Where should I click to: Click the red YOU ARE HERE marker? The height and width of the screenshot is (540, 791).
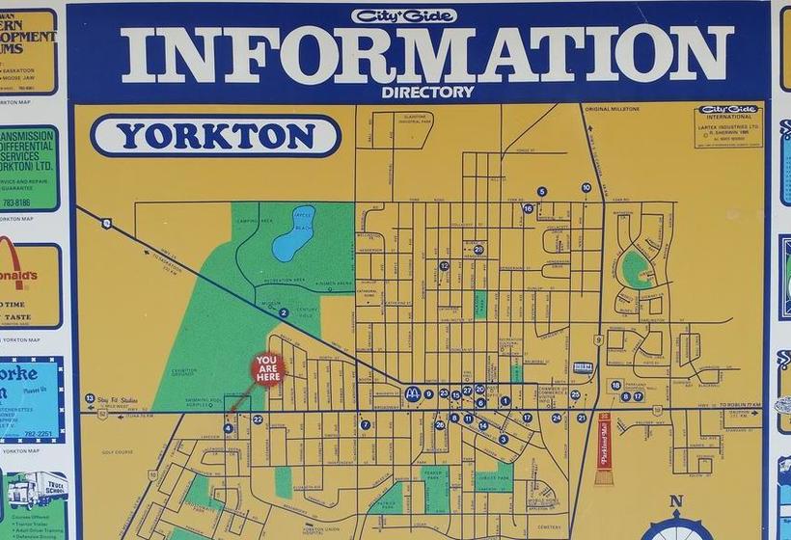tap(267, 369)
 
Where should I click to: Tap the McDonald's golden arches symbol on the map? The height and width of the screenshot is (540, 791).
tap(413, 393)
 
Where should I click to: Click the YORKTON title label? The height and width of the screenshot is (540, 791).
tap(215, 136)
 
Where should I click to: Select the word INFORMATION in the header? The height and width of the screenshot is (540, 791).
tap(427, 54)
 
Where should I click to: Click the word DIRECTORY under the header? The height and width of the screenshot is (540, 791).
tap(427, 93)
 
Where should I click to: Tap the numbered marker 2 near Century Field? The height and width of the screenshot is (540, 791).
tap(284, 312)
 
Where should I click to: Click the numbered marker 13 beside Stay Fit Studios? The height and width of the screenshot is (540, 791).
tap(90, 398)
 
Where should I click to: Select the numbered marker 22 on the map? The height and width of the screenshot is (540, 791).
tap(258, 419)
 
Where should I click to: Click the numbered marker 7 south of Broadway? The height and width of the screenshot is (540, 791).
tap(365, 424)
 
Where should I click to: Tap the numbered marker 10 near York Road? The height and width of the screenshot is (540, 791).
tap(586, 187)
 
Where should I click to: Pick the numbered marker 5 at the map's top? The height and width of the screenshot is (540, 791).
tap(542, 192)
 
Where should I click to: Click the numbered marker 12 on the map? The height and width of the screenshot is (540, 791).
tap(445, 265)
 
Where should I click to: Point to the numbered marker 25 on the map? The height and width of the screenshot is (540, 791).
tap(575, 394)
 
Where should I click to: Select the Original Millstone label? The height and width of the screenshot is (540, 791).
tap(611, 109)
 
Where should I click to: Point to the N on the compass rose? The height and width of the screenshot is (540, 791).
tap(675, 501)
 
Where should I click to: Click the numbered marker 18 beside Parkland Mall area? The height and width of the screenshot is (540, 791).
tap(615, 386)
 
